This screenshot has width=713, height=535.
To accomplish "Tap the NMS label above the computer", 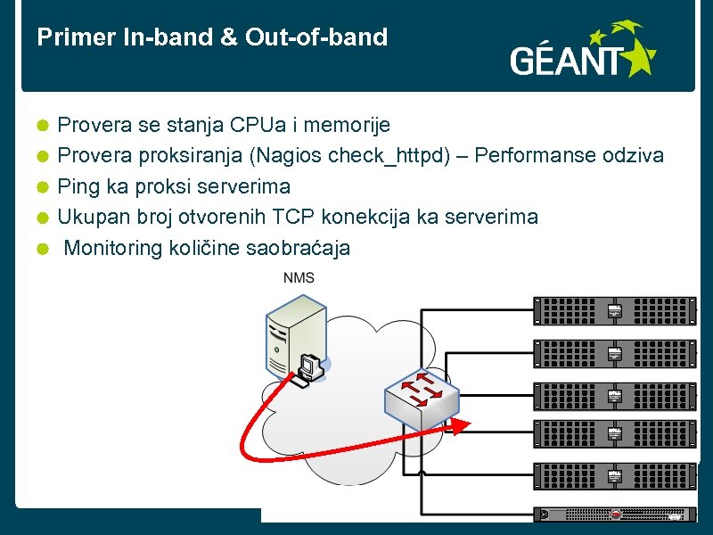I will tap(299, 278).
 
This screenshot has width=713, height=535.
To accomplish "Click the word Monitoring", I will tap(113, 248).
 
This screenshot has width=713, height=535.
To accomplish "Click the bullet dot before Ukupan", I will tap(42, 218).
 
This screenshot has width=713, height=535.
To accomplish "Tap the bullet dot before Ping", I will tap(42, 187).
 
